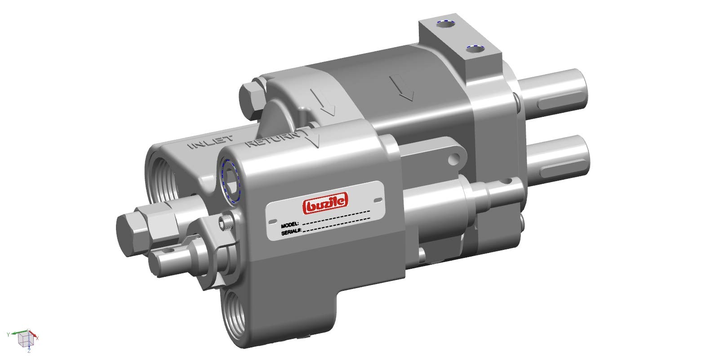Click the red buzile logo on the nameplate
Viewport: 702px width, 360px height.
(x=326, y=204)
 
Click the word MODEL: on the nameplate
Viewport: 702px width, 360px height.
(x=290, y=224)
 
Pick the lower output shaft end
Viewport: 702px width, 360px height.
(x=580, y=153)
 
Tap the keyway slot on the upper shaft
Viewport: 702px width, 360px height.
(x=557, y=102)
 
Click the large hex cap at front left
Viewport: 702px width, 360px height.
(x=130, y=234)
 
